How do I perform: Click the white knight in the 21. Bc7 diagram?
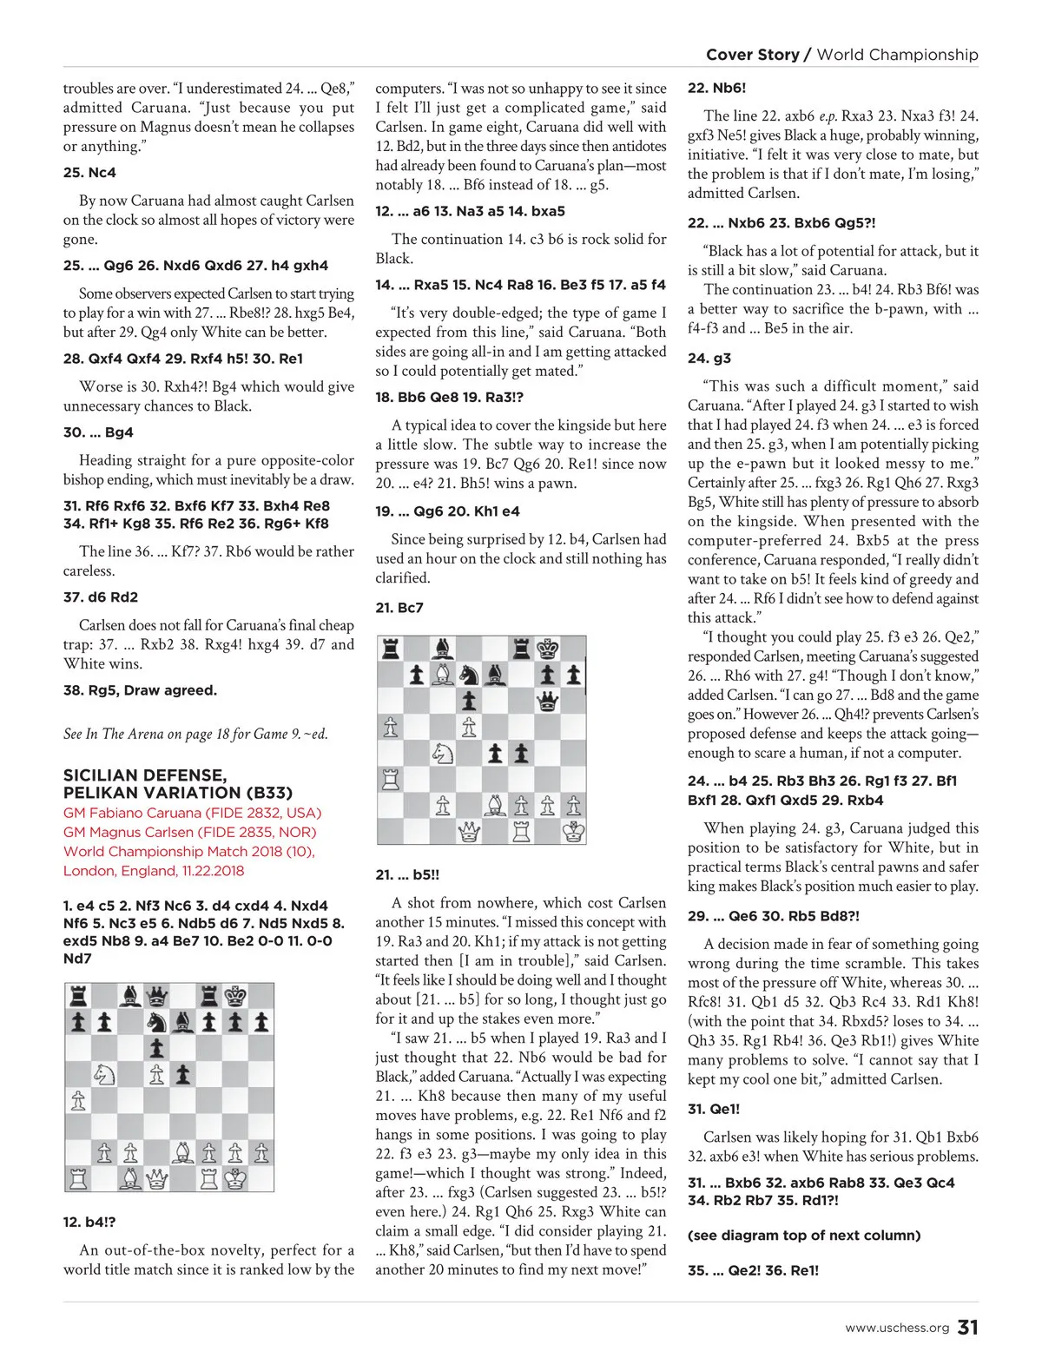coord(443,753)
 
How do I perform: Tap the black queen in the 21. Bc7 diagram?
coord(547,701)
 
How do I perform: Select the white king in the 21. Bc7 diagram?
coord(573,831)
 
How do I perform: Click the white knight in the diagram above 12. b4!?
coord(104,1074)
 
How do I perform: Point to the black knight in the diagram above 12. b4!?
coord(156,1022)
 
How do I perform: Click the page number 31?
coord(967,1327)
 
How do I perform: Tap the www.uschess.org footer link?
coord(897,1328)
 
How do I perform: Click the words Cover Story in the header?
coord(752,55)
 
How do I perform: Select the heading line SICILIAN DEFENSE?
coord(145,775)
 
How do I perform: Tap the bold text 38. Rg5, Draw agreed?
coord(140,690)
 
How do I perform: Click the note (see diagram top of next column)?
coord(804,1235)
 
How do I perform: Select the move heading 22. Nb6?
coord(716,88)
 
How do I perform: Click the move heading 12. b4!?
coord(89,1222)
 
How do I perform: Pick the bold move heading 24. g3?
coord(709,358)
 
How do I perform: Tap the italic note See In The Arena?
coord(195,734)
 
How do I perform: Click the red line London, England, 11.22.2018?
coord(154,870)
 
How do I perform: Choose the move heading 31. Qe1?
coord(714,1109)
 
